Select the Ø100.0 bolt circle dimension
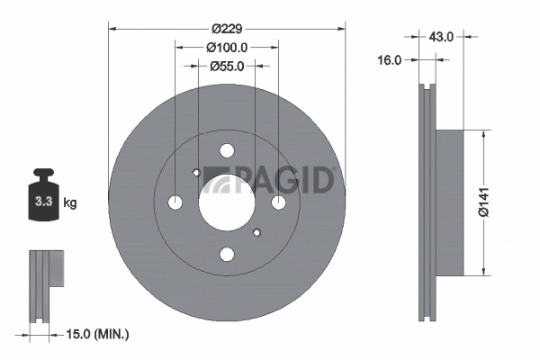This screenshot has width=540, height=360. click(226, 47)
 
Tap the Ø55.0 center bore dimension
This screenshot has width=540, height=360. click(226, 66)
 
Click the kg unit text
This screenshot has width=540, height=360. click(69, 203)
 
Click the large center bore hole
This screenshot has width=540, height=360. click(226, 202)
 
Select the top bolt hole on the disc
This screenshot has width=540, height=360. click(226, 151)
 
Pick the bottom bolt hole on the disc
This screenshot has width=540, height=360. click(226, 254)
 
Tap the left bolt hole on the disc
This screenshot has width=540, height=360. click(175, 202)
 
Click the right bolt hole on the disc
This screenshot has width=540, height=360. click(277, 202)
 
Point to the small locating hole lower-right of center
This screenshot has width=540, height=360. click(256, 232)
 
